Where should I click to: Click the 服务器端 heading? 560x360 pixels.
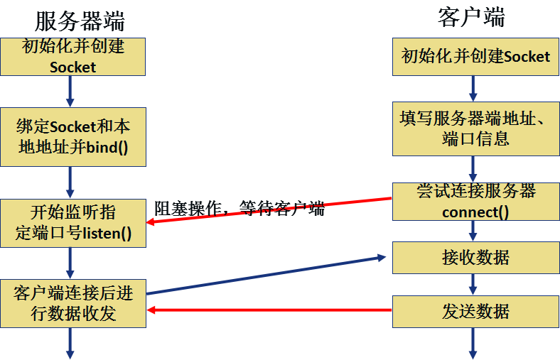[80, 21]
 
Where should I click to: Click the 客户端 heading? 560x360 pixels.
[471, 17]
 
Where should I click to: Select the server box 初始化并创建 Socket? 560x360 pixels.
[72, 57]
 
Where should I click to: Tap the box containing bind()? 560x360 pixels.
[72, 137]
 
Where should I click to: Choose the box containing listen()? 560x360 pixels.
[72, 223]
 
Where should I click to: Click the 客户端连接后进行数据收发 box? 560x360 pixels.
[72, 303]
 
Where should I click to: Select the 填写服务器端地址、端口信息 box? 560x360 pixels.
[472, 129]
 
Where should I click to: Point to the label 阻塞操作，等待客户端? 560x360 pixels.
[239, 209]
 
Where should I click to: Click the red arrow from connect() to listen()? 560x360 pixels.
[270, 210]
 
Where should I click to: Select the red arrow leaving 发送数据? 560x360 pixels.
[270, 310]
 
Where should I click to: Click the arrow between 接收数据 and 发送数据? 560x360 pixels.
[472, 284]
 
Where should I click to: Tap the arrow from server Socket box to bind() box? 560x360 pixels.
[70, 91]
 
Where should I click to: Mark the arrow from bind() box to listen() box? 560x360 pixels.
[70, 182]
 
